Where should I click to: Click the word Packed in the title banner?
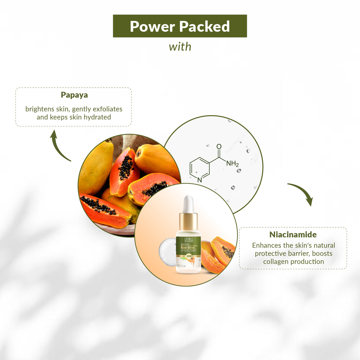[x=205, y=26]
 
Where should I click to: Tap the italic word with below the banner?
[x=180, y=47]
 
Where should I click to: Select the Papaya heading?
[x=74, y=95]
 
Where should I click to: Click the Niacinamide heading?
[x=293, y=234]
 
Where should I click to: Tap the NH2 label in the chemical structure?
[x=232, y=163]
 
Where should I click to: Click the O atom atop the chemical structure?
[x=219, y=146]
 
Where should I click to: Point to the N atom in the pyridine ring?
[x=199, y=180]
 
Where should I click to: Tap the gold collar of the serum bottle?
[x=188, y=222]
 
